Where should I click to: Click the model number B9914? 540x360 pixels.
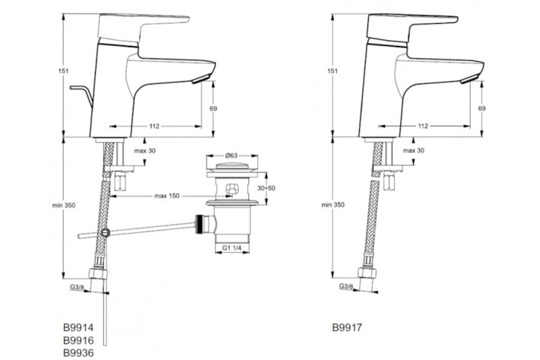pos(78,327)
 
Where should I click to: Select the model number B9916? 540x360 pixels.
pos(78,340)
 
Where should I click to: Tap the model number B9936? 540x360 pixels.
pos(78,353)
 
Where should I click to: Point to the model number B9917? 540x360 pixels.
pos(347,328)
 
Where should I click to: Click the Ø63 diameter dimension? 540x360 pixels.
pos(232,155)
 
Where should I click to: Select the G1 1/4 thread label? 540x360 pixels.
pos(232,248)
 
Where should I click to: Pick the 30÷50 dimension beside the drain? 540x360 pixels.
pos(267,188)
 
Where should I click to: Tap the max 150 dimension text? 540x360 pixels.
pos(167,196)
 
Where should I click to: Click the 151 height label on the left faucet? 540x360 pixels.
pos(63,71)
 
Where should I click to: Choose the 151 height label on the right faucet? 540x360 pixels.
pos(332,71)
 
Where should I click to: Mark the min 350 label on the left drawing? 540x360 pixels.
pos(63,205)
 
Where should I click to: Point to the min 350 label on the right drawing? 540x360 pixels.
pos(333,205)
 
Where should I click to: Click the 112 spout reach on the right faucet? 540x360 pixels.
pos(423,126)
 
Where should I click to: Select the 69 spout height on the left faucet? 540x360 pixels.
pos(213,109)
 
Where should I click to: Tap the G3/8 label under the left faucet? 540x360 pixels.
pos(77,286)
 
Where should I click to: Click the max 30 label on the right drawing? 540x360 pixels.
pos(414,151)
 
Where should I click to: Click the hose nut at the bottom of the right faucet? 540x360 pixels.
pos(367,272)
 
